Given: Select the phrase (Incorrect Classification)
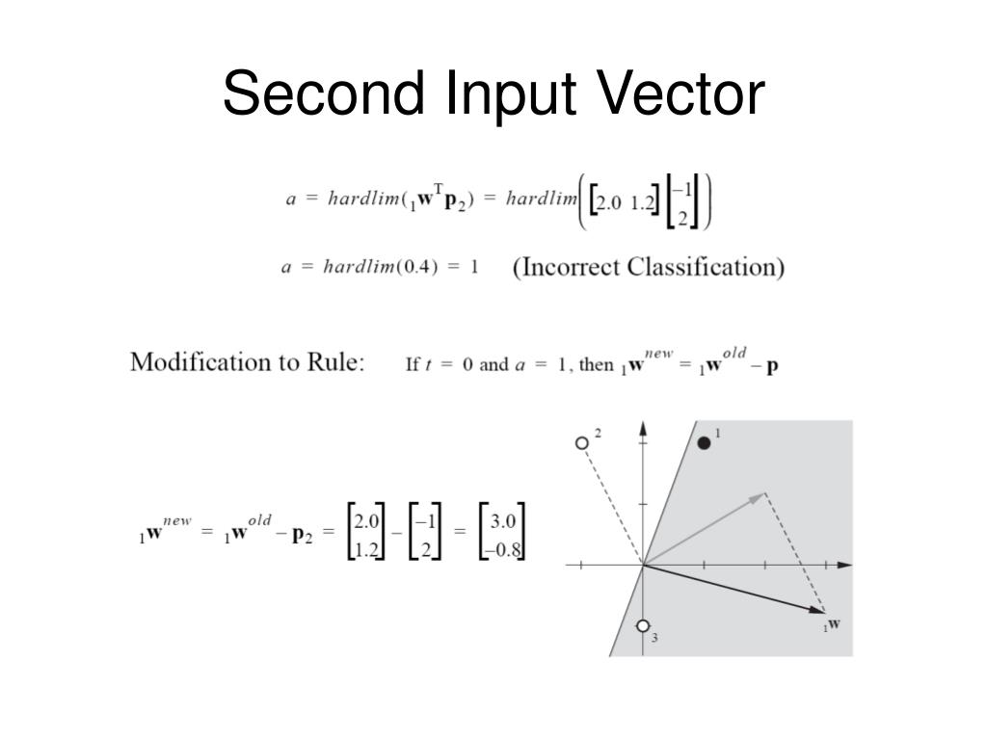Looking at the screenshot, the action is point(648,267).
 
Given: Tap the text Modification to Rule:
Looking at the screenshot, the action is point(248,363).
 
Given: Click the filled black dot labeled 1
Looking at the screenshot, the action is point(704,442).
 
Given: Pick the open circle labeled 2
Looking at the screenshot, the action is point(580,443).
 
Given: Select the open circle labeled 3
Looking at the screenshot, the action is point(644,625).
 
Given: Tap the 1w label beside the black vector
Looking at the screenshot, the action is point(831,624).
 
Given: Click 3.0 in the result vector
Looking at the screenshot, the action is point(503,522).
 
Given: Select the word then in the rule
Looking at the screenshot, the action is point(597,366).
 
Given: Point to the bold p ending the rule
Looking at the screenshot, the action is point(772,367).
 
